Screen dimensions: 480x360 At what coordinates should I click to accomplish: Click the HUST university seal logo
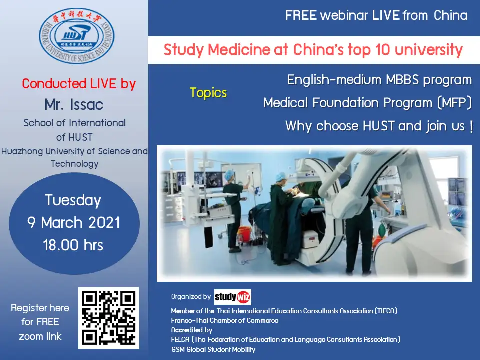(x=77, y=36)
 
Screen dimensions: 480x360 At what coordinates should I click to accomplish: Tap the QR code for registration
(x=109, y=318)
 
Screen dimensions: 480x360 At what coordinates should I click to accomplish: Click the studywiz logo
(x=233, y=297)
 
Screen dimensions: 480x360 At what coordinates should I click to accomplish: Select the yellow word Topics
(x=208, y=93)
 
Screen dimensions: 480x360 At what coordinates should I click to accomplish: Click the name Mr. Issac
(x=74, y=104)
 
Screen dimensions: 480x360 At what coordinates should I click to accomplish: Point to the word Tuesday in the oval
(x=73, y=201)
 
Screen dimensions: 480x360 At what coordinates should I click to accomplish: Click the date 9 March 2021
(x=74, y=222)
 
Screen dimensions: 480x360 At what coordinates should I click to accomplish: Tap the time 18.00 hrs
(x=73, y=245)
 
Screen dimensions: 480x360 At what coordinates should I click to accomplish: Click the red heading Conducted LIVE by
(x=79, y=84)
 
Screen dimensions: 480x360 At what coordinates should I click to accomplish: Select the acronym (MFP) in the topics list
(x=455, y=103)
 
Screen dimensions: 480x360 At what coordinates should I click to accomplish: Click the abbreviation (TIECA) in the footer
(x=386, y=311)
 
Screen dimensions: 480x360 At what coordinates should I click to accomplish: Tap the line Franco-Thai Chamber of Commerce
(x=225, y=321)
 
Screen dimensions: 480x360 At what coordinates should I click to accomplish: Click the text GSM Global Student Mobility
(x=213, y=349)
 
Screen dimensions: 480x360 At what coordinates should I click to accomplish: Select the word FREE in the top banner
(x=301, y=15)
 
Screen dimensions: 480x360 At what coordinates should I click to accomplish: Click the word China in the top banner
(x=450, y=15)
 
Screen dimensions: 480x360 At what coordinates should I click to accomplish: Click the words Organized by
(x=191, y=296)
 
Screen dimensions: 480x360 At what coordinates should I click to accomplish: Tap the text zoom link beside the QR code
(x=40, y=336)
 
